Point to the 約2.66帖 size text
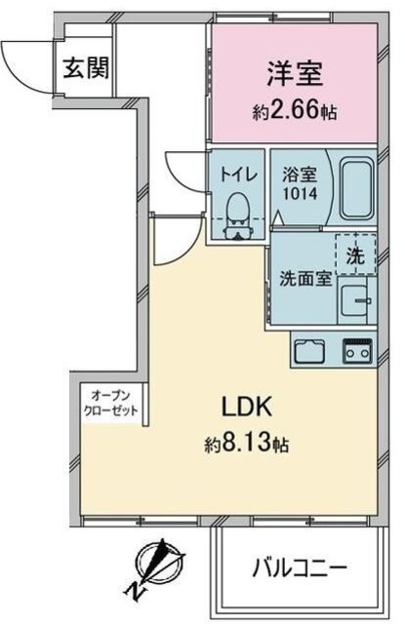[x=295, y=112]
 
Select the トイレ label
[x=238, y=176]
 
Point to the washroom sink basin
[x=359, y=303]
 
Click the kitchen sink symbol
[x=310, y=348]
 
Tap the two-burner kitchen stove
[x=356, y=348]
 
